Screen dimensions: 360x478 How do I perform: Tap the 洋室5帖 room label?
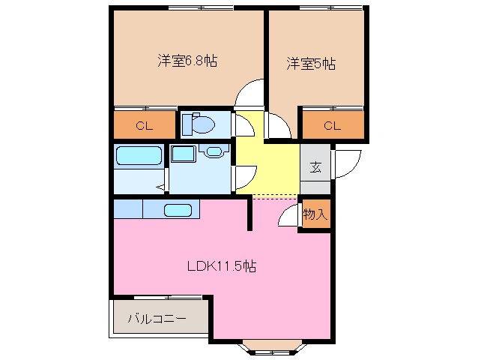[x=310, y=64]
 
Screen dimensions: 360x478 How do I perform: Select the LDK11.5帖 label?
[x=221, y=265]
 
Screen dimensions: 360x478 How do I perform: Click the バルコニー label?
[x=156, y=319]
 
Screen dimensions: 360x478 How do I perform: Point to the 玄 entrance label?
[x=315, y=166]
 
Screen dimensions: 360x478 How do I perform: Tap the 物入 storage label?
[x=315, y=214]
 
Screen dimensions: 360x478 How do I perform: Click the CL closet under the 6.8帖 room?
[x=144, y=125]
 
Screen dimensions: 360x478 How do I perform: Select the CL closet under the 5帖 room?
[x=332, y=125]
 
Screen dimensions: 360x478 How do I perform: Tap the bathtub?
[x=139, y=158]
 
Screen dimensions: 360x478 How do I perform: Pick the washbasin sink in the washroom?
[x=214, y=152]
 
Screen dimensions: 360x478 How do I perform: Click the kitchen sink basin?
[x=178, y=210]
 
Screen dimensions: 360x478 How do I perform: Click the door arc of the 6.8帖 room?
[x=249, y=93]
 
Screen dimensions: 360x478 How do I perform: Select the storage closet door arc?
[x=289, y=215]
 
